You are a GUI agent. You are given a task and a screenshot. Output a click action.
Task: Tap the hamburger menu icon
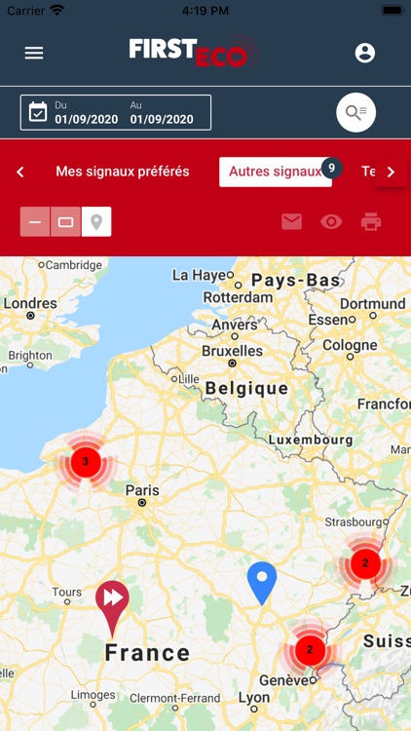(x=34, y=53)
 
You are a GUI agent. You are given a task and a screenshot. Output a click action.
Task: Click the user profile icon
(x=365, y=53)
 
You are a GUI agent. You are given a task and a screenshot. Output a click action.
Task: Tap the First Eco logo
(x=189, y=53)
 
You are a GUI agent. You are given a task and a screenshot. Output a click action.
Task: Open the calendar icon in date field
(x=38, y=112)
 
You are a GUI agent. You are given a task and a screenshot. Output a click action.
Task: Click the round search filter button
(x=355, y=113)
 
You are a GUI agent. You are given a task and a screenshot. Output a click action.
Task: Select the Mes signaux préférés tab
(x=123, y=172)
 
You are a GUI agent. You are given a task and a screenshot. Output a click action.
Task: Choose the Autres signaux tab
(x=275, y=172)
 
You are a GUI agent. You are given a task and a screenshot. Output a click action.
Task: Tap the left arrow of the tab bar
(x=20, y=172)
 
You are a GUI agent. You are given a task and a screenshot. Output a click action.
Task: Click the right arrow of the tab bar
(x=391, y=172)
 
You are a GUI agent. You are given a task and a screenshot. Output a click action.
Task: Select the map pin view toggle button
(x=96, y=221)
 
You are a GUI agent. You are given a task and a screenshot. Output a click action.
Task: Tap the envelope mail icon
(x=292, y=221)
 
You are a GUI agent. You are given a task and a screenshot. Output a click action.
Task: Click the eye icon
(x=331, y=221)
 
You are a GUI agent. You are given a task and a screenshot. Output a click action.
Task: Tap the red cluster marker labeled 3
(x=86, y=461)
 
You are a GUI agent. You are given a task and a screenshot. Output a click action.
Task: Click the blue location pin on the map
(x=262, y=582)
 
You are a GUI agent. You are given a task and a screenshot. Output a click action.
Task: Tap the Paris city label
(x=142, y=490)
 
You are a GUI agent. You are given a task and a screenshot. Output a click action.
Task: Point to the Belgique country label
(x=246, y=388)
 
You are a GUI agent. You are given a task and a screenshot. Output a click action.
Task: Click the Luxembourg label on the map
(x=311, y=440)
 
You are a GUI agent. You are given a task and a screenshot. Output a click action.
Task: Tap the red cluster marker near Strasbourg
(x=365, y=562)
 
